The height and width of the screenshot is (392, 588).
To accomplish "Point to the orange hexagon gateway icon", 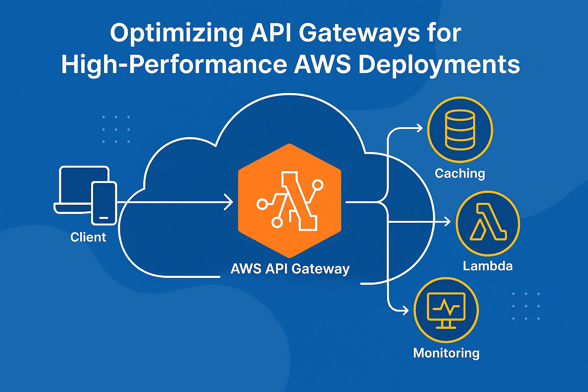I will [x=289, y=200].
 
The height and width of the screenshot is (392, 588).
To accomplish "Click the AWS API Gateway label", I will [x=290, y=269].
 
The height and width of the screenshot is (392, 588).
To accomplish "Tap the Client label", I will [x=88, y=237].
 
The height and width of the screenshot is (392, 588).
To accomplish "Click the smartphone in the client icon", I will [x=104, y=203].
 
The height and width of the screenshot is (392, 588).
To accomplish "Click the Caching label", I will [x=460, y=173].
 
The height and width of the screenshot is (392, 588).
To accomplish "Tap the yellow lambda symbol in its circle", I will [x=487, y=222].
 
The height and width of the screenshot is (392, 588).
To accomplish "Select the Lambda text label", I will [x=487, y=266].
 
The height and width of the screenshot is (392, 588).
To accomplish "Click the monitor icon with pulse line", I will [x=446, y=310].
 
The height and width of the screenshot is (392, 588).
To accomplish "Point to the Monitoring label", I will [x=446, y=353].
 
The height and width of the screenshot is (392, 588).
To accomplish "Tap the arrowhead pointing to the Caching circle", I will [x=420, y=128].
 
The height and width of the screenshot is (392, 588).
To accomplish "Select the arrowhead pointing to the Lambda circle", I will [x=447, y=222].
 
